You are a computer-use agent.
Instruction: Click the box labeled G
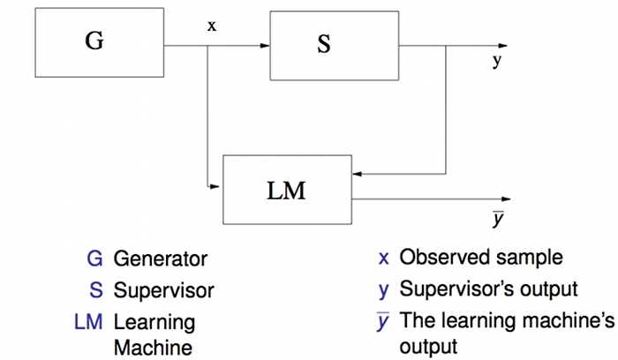(x=94, y=42)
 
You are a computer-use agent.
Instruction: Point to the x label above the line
(x=211, y=26)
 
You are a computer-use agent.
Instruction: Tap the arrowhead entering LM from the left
(x=217, y=186)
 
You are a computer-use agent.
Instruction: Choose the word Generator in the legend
(x=160, y=259)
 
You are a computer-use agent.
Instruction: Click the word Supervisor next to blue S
(x=163, y=289)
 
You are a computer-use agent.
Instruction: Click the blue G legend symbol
(x=94, y=259)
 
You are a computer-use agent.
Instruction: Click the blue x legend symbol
(x=384, y=259)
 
